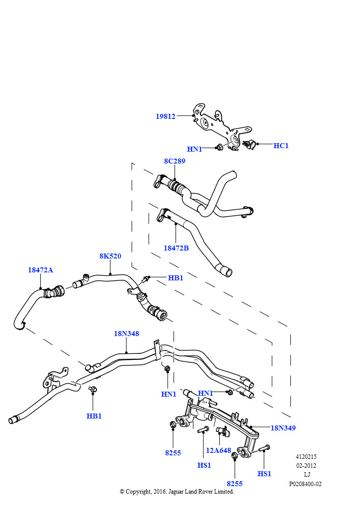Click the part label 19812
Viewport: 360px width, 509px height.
[165, 116]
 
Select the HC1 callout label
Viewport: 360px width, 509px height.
[281, 146]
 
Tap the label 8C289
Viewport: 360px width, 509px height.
[175, 161]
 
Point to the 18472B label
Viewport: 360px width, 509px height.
[176, 248]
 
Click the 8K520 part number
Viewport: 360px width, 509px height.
[110, 256]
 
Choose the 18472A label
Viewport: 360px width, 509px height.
[40, 270]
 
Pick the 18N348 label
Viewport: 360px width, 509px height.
[127, 334]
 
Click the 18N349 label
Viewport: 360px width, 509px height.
[283, 428]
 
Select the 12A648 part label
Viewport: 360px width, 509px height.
[218, 450]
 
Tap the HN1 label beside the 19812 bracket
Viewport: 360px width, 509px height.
[194, 149]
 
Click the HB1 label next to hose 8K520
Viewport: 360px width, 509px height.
[176, 278]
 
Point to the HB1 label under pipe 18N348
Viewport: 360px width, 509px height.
[94, 416]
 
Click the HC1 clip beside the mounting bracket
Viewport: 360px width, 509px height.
[249, 144]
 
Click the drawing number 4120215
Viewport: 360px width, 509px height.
[306, 456]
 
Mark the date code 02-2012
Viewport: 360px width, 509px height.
[306, 465]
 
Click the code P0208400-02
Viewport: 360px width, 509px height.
[305, 484]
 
